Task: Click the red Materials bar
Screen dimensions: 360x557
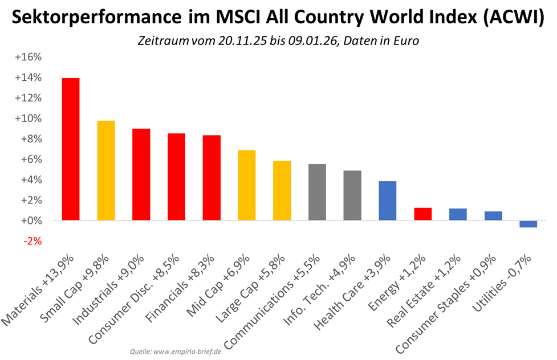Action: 71,149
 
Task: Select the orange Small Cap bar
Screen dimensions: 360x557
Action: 106,170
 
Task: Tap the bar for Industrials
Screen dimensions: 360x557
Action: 141,174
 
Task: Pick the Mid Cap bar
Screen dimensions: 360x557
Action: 246,185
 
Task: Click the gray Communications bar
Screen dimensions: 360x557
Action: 317,192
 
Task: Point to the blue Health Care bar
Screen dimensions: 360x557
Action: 388,201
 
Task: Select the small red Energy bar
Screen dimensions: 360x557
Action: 422,214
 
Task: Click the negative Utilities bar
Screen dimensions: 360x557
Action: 528,224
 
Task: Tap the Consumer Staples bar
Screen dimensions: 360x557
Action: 493,216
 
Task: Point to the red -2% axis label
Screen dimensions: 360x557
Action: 32,241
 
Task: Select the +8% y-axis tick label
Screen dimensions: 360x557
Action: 32,139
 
